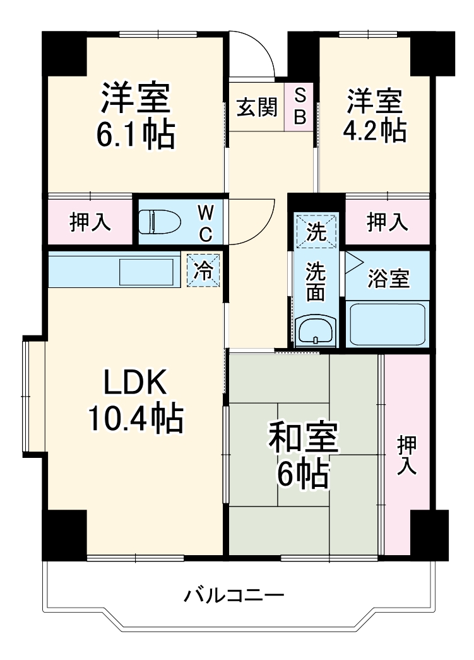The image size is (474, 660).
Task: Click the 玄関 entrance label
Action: click(x=257, y=107)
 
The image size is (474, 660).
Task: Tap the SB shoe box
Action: click(x=300, y=107)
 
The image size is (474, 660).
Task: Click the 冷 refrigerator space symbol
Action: click(x=203, y=270)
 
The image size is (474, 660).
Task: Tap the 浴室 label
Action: click(x=388, y=279)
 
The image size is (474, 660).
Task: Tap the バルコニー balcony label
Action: click(x=234, y=595)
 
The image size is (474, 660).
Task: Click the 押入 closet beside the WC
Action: click(x=90, y=222)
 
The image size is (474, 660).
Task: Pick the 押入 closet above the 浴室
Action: click(x=388, y=222)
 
